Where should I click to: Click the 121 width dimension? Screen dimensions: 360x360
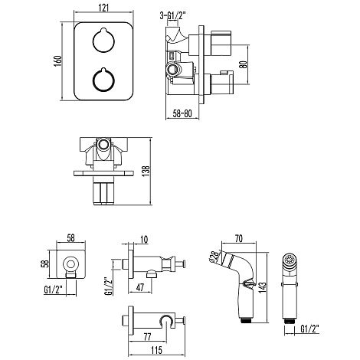(x=103, y=8)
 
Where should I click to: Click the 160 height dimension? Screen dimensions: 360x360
(x=58, y=61)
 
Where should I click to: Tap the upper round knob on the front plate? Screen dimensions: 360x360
(x=103, y=41)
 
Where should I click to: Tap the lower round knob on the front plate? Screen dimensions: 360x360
(x=103, y=80)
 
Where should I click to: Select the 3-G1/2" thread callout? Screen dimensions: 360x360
(x=172, y=16)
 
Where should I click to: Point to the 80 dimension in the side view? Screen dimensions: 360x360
(x=244, y=64)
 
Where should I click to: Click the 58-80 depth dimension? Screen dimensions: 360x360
(x=182, y=113)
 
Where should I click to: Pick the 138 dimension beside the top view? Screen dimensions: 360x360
(x=146, y=172)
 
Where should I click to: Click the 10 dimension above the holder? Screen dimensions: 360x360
(x=144, y=240)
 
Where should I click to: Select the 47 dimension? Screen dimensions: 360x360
(x=140, y=287)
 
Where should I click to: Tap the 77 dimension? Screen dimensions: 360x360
(x=148, y=336)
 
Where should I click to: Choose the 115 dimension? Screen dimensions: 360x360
(x=156, y=350)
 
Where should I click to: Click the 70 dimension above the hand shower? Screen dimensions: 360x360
(x=238, y=238)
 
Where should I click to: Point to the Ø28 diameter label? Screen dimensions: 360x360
(x=214, y=257)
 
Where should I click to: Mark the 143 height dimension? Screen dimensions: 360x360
(x=262, y=287)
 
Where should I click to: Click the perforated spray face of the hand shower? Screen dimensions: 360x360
(x=290, y=260)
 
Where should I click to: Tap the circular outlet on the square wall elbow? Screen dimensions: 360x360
(x=70, y=264)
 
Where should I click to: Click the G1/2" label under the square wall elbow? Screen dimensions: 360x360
(x=54, y=290)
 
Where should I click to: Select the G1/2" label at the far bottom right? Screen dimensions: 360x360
(x=309, y=329)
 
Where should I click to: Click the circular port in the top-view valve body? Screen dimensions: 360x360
(x=103, y=144)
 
